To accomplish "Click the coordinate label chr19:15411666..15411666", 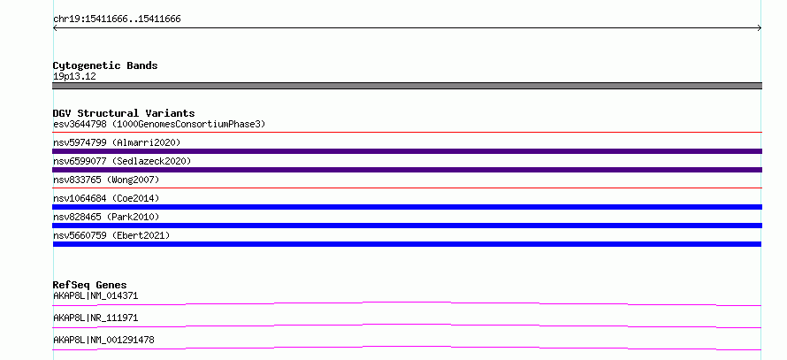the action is (x=117, y=19).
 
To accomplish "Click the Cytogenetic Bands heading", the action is (x=105, y=65).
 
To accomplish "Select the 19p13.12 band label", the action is (x=74, y=77).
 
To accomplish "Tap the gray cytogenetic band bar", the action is (x=407, y=86).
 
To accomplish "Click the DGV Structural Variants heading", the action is (x=124, y=113).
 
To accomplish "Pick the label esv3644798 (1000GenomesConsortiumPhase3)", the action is (x=159, y=124).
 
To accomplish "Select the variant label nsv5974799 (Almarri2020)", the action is (x=117, y=142).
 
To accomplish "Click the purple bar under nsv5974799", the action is (x=407, y=151).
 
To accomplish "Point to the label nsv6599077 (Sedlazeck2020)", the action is (x=122, y=161).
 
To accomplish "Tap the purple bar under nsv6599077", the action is (x=407, y=170).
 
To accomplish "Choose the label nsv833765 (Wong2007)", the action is (x=106, y=180).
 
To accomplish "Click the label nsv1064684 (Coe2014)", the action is (x=106, y=198).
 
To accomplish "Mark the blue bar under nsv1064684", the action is (x=407, y=207).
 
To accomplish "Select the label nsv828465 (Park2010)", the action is (x=106, y=217).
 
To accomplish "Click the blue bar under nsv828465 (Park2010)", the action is (x=407, y=226).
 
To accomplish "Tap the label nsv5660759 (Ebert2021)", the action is (x=111, y=235).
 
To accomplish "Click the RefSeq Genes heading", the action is (x=90, y=285).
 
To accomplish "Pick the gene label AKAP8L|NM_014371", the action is (x=96, y=296).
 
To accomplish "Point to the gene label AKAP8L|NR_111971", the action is (x=96, y=318).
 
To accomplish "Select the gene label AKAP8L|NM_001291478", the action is (x=103, y=341).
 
